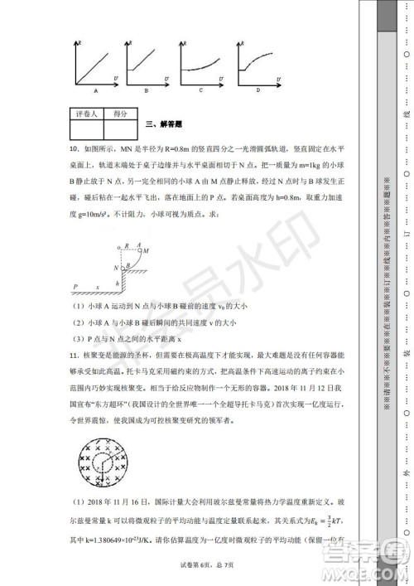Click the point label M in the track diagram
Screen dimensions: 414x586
tap(146, 250)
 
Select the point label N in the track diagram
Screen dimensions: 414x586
tap(117, 268)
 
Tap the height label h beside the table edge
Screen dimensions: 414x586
tap(118, 283)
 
